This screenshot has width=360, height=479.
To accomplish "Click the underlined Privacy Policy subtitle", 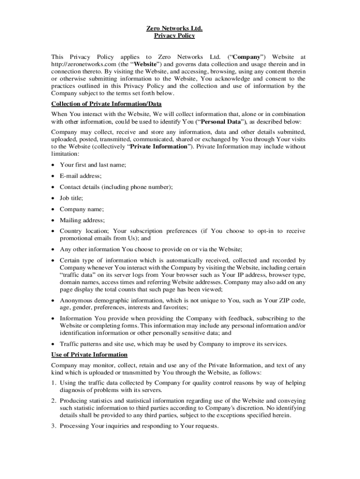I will [174, 36].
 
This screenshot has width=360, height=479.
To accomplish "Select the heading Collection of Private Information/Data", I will [106, 103].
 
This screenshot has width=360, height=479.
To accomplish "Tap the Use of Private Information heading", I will [89, 355].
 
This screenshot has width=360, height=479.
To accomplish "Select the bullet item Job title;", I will [72, 198].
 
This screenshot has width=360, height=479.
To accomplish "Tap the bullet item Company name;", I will [82, 209].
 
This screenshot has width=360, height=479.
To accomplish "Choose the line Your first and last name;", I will [93, 165].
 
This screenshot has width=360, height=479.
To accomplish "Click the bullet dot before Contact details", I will [54, 187].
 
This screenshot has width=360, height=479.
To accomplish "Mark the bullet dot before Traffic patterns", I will [54, 344].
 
